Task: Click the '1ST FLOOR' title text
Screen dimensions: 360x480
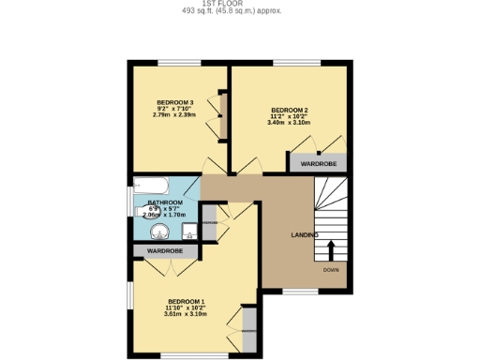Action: pos(240,4)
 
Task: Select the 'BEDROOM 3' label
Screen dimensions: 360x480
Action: pos(174,102)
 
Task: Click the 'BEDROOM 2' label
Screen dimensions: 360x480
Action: pos(289,109)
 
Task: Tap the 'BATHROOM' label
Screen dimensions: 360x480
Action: pos(165,202)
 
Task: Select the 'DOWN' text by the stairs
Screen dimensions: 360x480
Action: pos(331,270)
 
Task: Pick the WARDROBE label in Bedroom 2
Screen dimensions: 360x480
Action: pos(319,164)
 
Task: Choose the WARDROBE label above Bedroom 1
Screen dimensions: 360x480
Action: pos(164,251)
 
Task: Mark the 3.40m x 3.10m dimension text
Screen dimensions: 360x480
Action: pos(289,123)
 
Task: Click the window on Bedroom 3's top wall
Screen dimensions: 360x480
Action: pos(176,63)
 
